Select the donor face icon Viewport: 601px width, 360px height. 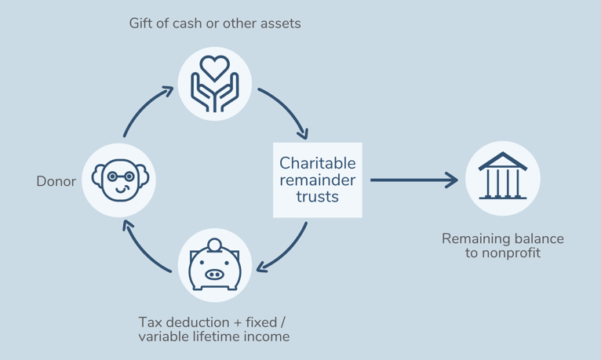click(x=119, y=180)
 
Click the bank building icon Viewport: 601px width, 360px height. click(x=503, y=178)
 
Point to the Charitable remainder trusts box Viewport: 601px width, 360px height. click(x=317, y=180)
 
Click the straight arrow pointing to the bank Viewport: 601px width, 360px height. click(x=413, y=180)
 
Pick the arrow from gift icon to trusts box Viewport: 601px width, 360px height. click(x=287, y=110)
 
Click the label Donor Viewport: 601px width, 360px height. click(x=56, y=182)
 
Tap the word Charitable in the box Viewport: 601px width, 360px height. click(x=317, y=164)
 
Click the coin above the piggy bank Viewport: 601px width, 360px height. click(x=214, y=245)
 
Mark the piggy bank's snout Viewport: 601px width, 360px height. click(x=213, y=275)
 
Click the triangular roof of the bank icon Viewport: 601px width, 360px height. click(x=503, y=162)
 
